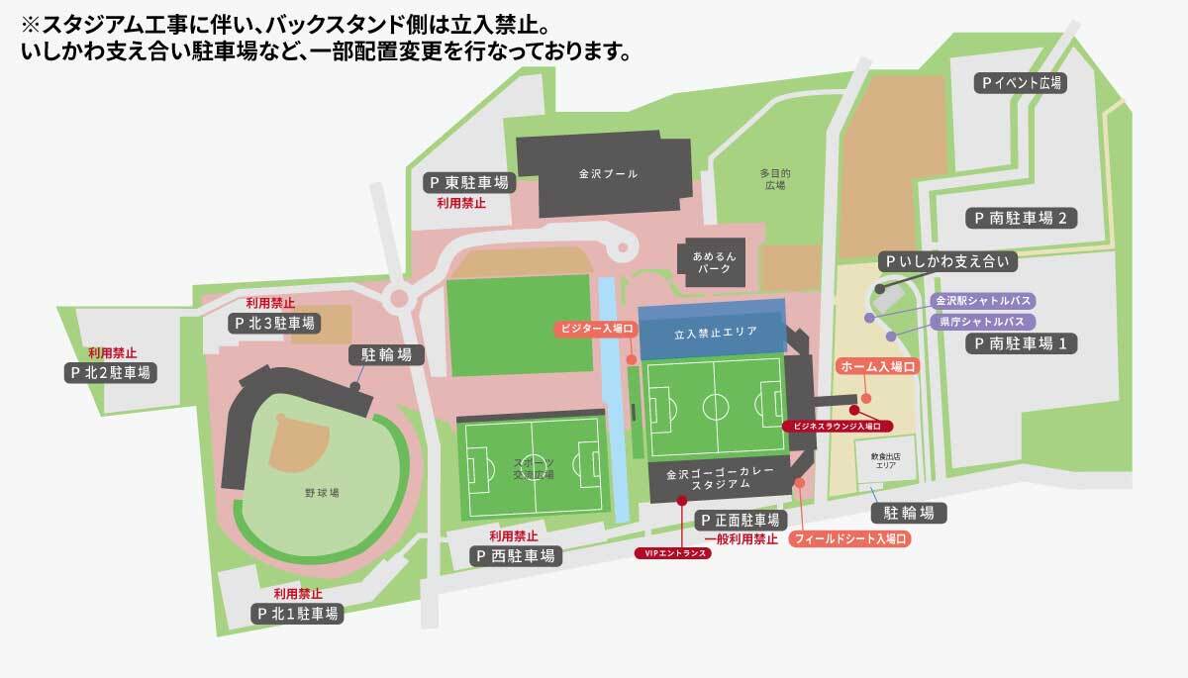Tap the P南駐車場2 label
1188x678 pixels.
(x=1020, y=218)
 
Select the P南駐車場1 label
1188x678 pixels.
(x=1021, y=343)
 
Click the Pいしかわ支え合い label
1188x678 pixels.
(x=947, y=262)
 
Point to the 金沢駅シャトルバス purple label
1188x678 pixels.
(x=980, y=301)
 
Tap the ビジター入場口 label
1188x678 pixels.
(x=592, y=328)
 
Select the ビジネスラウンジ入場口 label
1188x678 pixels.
(x=838, y=426)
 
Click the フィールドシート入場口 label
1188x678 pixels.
(x=848, y=539)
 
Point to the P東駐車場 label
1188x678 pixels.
(x=469, y=183)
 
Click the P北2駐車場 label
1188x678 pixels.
(x=111, y=373)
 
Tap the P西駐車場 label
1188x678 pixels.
(x=516, y=555)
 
